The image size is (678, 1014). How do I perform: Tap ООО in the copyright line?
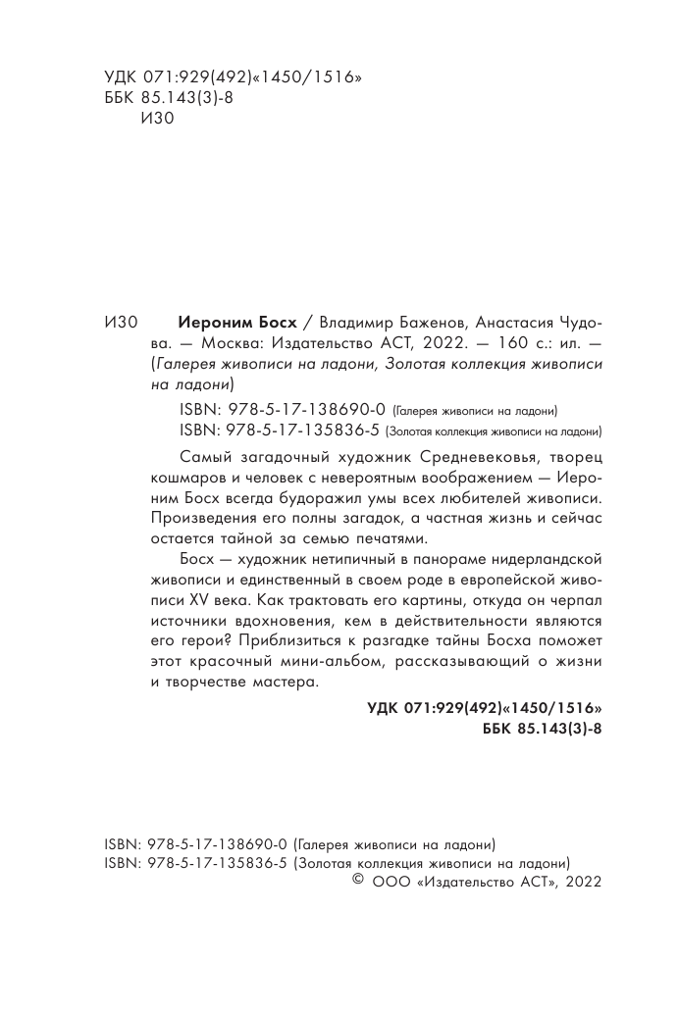tap(391, 883)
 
